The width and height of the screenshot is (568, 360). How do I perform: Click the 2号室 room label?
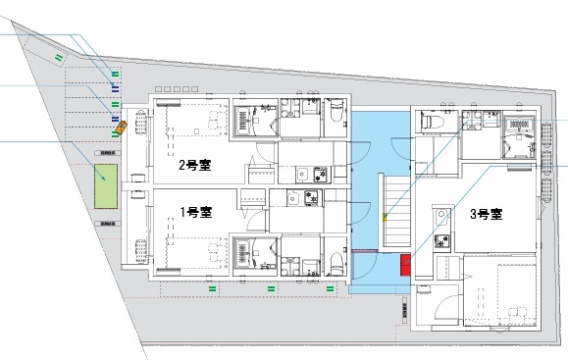tap(195, 166)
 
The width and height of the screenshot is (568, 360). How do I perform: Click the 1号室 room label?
tap(195, 212)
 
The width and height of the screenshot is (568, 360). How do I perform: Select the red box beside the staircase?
tap(405, 265)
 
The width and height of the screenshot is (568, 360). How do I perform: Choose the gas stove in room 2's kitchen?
tap(319, 175)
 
